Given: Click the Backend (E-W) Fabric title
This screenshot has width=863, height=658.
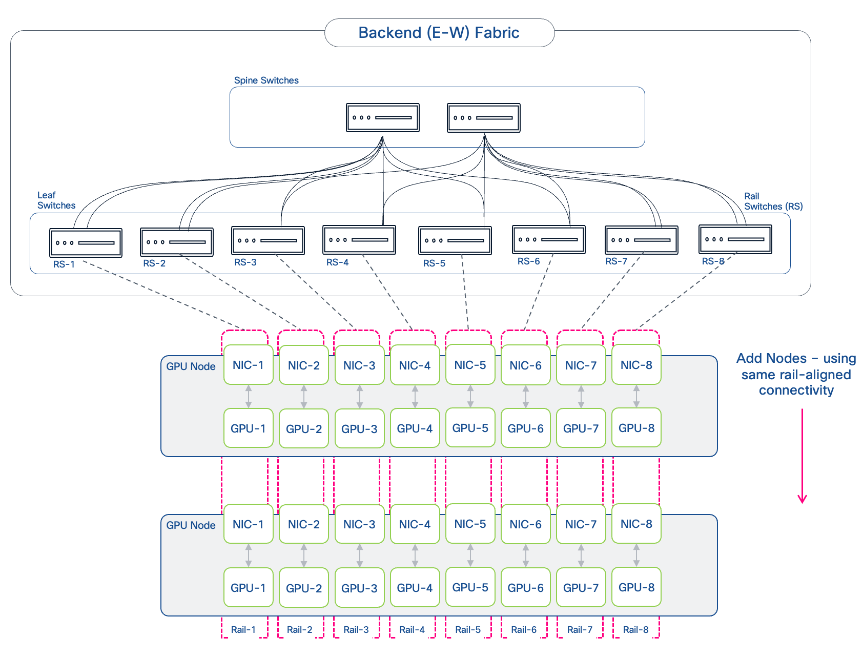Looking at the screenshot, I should (x=439, y=33).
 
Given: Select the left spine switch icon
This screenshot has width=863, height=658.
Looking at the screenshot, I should (x=382, y=117).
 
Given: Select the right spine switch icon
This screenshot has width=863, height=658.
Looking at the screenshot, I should (x=483, y=117).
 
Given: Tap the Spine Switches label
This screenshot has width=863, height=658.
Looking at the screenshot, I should (x=266, y=80).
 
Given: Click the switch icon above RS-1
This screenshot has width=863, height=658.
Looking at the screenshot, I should (x=86, y=242).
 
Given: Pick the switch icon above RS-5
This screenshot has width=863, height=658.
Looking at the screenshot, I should (x=455, y=240).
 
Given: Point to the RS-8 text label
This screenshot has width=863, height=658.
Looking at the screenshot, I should (x=713, y=261).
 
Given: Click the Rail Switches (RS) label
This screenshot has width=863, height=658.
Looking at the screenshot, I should (x=773, y=201).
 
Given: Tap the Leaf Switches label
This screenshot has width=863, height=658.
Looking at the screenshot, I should (x=56, y=200).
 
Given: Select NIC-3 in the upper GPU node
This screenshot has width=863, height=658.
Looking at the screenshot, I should (x=359, y=365).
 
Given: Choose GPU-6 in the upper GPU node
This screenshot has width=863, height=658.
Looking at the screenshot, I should (x=525, y=428).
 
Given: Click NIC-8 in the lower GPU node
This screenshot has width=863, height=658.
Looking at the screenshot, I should (x=636, y=524).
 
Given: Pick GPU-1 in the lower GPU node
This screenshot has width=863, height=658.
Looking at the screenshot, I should (x=248, y=588).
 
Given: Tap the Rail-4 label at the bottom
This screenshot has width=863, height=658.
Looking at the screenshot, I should (x=412, y=630).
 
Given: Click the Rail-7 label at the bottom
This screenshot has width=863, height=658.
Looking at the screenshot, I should (x=580, y=630).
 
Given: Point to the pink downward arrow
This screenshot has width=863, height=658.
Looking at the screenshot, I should (x=802, y=456).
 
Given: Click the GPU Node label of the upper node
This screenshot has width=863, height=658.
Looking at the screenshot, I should (x=191, y=366).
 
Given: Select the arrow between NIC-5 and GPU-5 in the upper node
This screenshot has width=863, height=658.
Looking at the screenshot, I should (x=470, y=396).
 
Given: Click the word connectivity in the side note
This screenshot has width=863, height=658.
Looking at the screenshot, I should (x=796, y=390).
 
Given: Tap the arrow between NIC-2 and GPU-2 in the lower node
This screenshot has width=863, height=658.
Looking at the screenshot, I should (x=304, y=556).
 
